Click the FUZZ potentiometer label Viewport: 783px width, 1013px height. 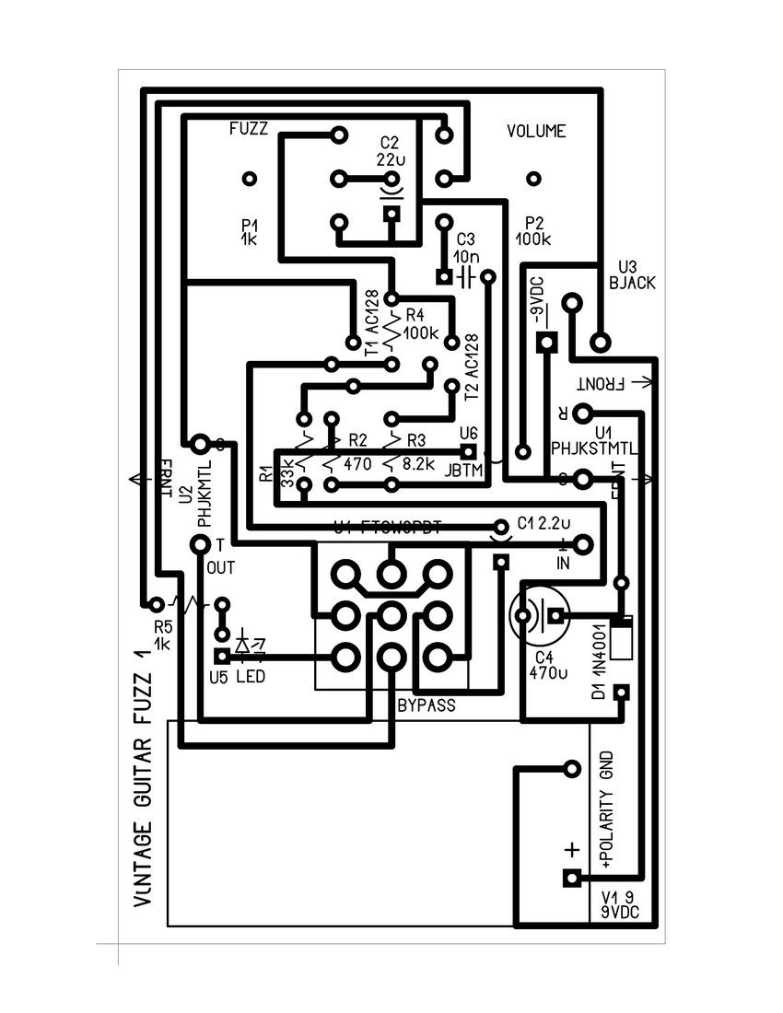pos(249,130)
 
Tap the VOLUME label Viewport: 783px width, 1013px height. pos(536,132)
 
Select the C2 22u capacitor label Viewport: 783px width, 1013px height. pos(390,150)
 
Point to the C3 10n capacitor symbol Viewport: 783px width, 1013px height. pos(466,276)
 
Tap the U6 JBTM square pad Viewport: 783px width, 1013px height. pos(468,452)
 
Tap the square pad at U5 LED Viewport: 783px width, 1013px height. pos(222,657)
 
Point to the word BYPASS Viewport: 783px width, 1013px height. pos(427,705)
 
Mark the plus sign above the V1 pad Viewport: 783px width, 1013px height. pos(571,849)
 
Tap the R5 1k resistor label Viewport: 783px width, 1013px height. pos(162,633)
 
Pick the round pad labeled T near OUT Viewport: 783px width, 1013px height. pos(199,545)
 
